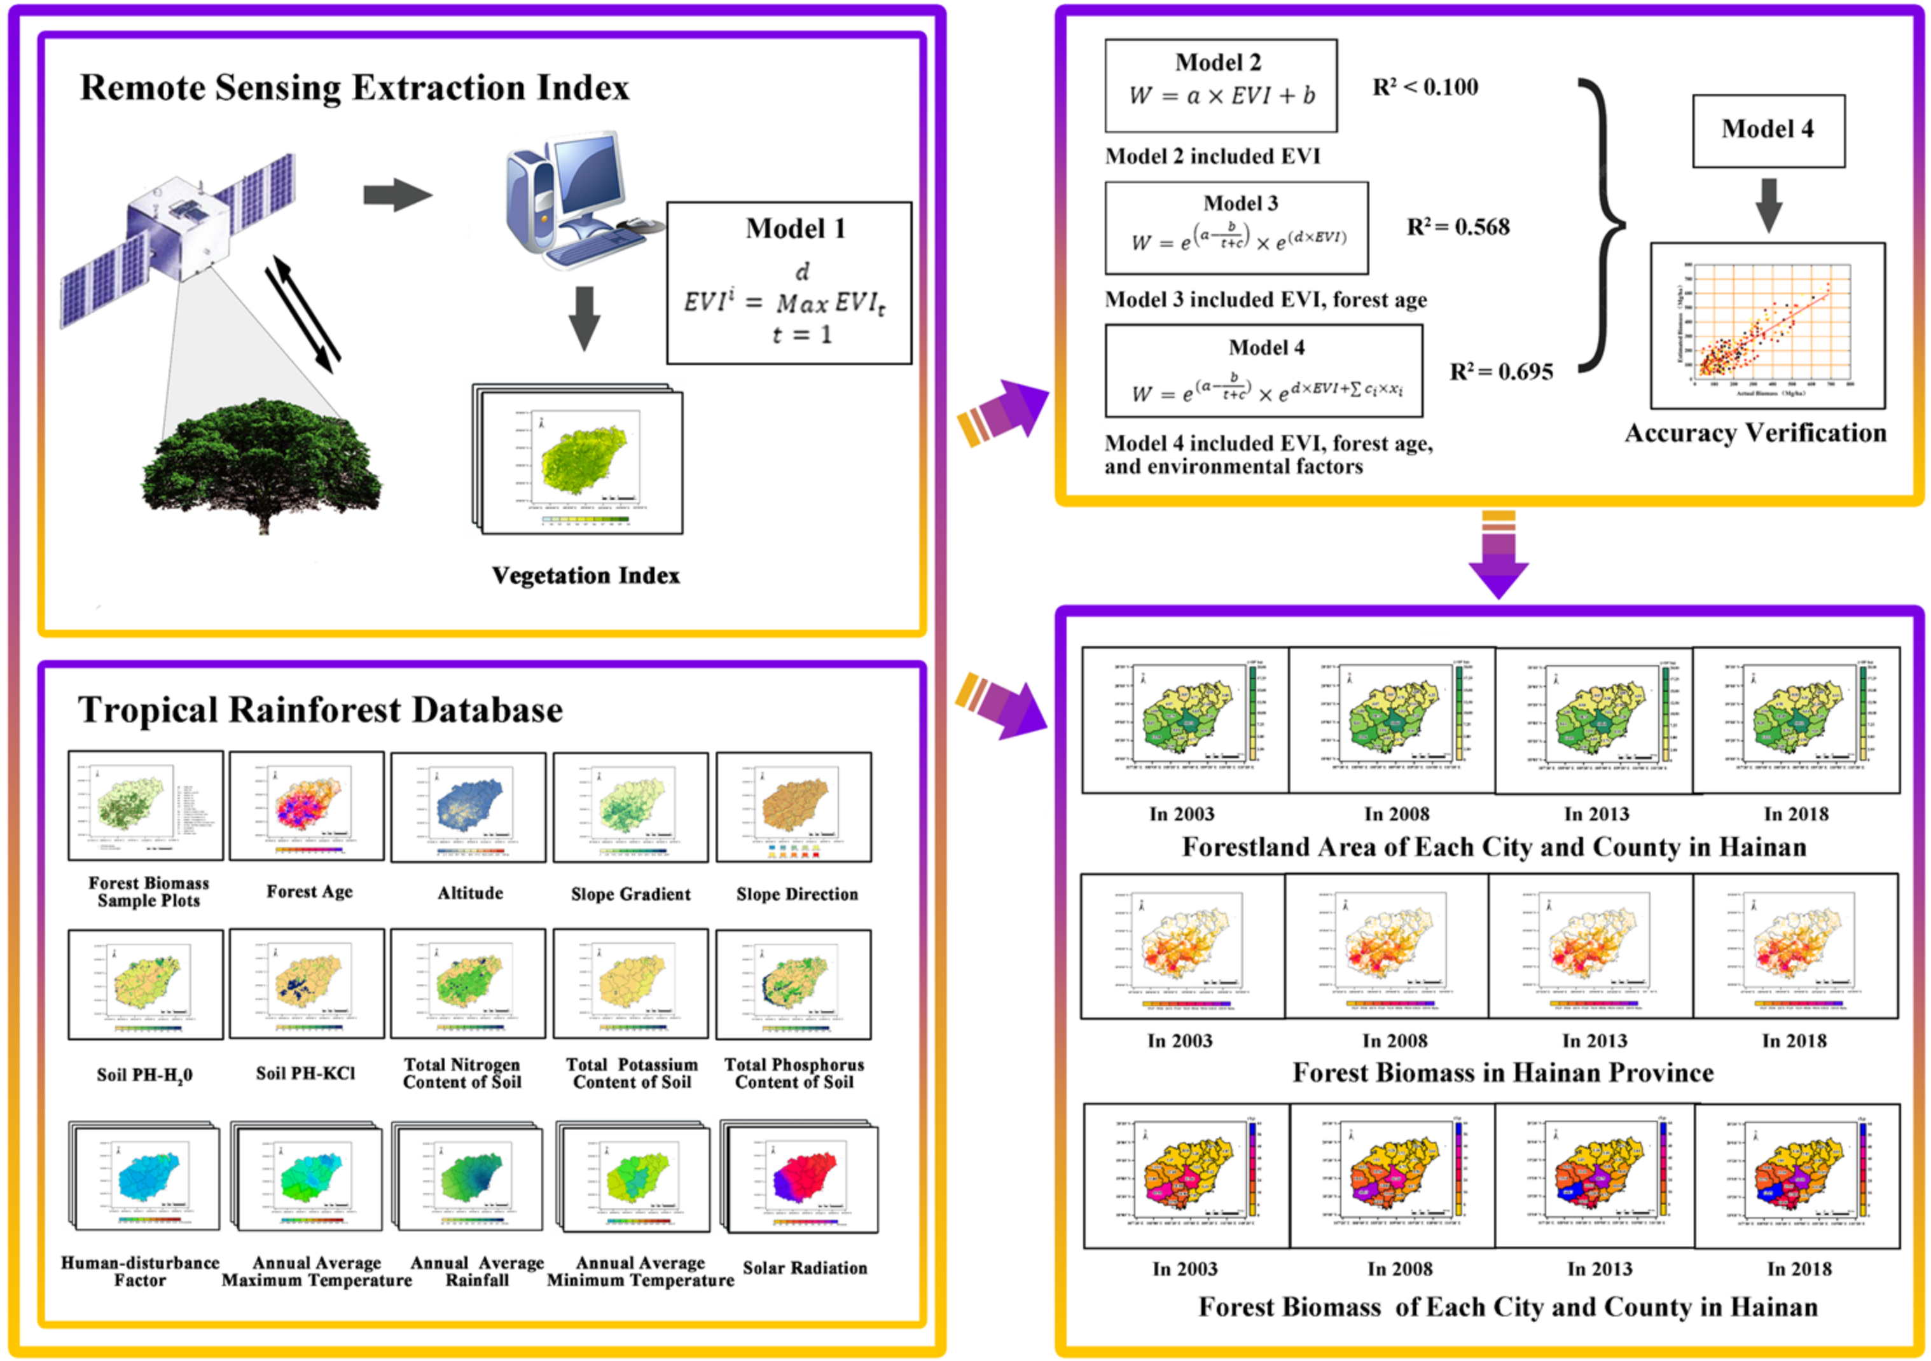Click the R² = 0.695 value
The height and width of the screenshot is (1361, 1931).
[x=1501, y=372]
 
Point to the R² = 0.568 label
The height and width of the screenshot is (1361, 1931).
[x=1458, y=227]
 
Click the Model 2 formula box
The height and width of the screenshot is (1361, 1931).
[x=1221, y=86]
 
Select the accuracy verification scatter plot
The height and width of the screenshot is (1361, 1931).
[x=1767, y=326]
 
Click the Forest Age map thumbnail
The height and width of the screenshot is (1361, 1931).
[x=307, y=806]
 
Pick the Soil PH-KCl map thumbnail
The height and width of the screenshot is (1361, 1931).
[x=307, y=983]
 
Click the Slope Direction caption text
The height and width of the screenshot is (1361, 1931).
[x=796, y=894]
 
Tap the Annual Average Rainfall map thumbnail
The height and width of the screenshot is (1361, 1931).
[x=469, y=1178]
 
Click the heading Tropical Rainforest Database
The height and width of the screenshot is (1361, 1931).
[x=321, y=710]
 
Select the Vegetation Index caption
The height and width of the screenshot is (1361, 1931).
[x=585, y=576]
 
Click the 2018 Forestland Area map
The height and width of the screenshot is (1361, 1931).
[x=1796, y=720]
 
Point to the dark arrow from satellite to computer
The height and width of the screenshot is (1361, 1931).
[x=397, y=195]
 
